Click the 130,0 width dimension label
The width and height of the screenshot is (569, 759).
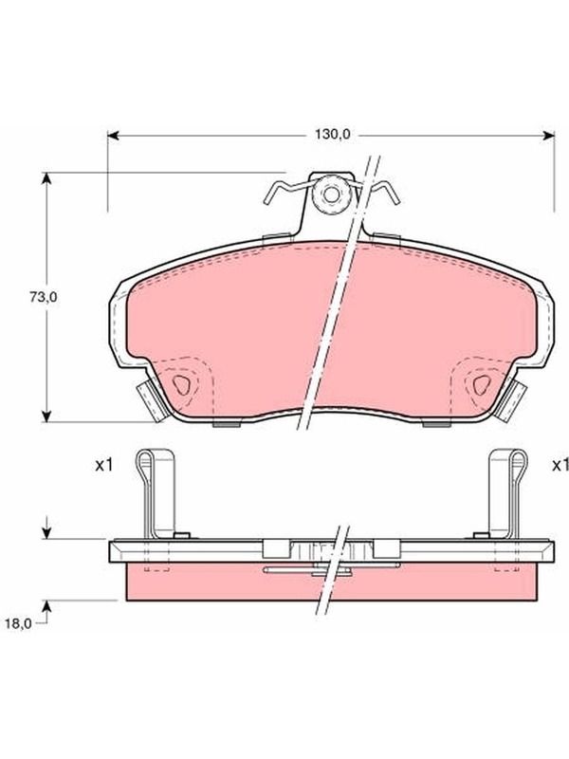click(332, 135)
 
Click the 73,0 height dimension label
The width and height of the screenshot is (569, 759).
click(44, 298)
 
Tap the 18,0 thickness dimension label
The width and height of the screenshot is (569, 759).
click(18, 624)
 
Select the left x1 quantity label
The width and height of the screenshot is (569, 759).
click(103, 466)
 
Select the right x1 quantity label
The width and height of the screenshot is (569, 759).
click(560, 466)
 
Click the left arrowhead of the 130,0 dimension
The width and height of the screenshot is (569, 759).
click(113, 136)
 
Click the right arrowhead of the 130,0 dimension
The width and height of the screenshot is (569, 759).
click(549, 136)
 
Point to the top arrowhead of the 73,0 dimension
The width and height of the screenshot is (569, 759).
click(46, 178)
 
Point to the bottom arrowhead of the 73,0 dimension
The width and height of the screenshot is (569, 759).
click(46, 416)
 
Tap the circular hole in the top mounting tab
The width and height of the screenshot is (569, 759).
click(332, 194)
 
